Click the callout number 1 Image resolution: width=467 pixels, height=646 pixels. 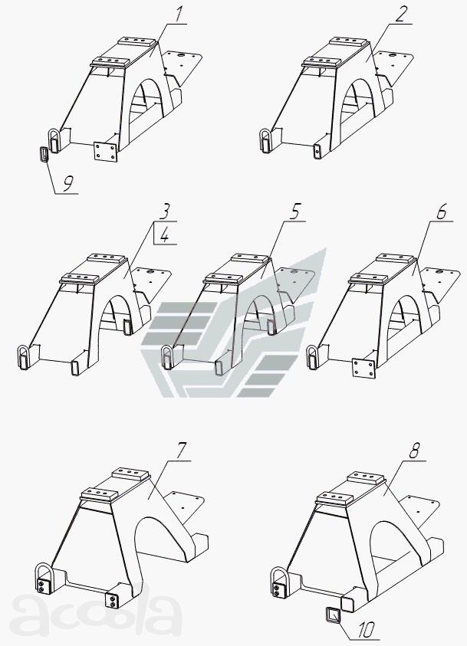point(178,15)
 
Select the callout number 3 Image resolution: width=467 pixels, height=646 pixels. point(163,212)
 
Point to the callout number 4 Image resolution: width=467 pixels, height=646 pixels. point(165,236)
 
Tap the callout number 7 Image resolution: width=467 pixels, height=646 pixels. point(181,451)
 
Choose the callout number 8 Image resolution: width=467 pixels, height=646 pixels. point(414,452)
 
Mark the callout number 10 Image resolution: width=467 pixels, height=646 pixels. point(366,630)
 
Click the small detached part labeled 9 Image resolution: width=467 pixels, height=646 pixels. point(44,155)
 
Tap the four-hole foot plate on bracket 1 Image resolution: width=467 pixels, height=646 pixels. point(106,152)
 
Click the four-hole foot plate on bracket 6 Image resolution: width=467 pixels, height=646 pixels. point(364,368)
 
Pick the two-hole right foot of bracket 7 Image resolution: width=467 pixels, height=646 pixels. point(112,599)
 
